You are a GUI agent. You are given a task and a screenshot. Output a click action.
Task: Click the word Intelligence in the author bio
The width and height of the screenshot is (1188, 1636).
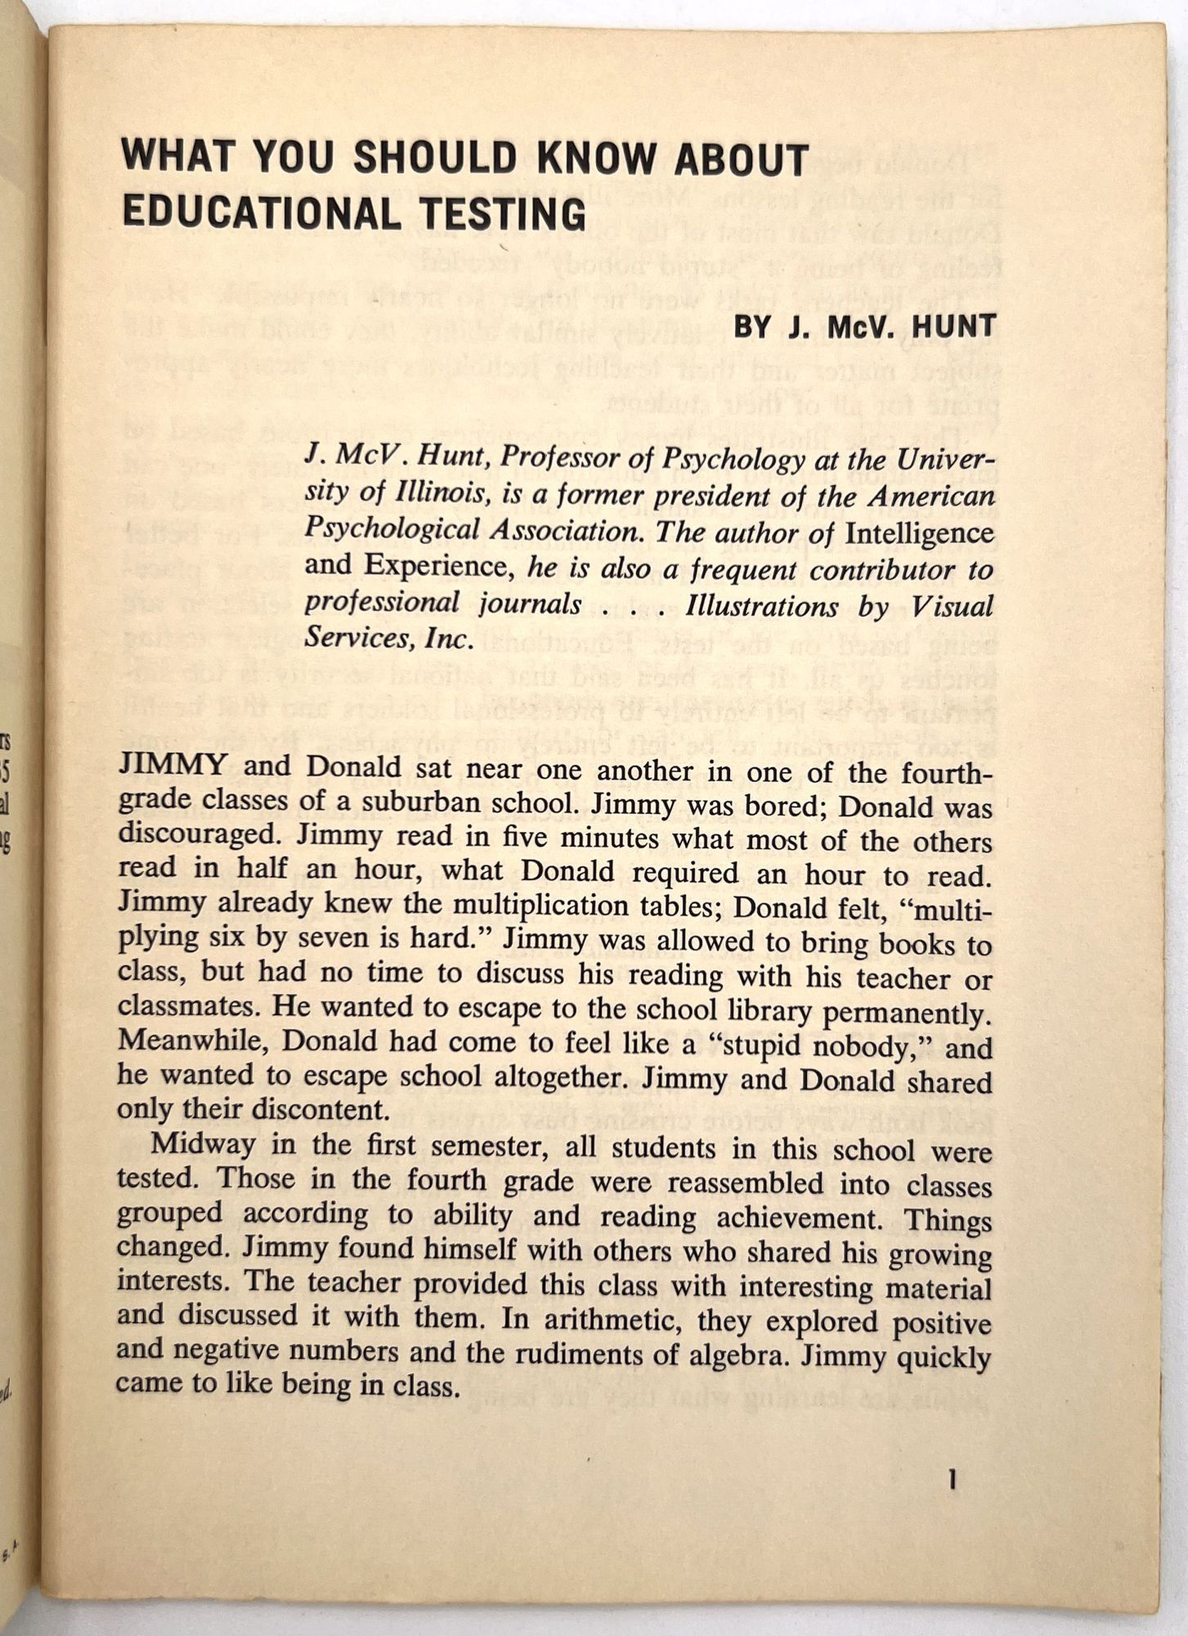click(x=919, y=533)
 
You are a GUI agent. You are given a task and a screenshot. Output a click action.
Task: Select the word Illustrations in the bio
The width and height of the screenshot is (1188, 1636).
click(x=761, y=606)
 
